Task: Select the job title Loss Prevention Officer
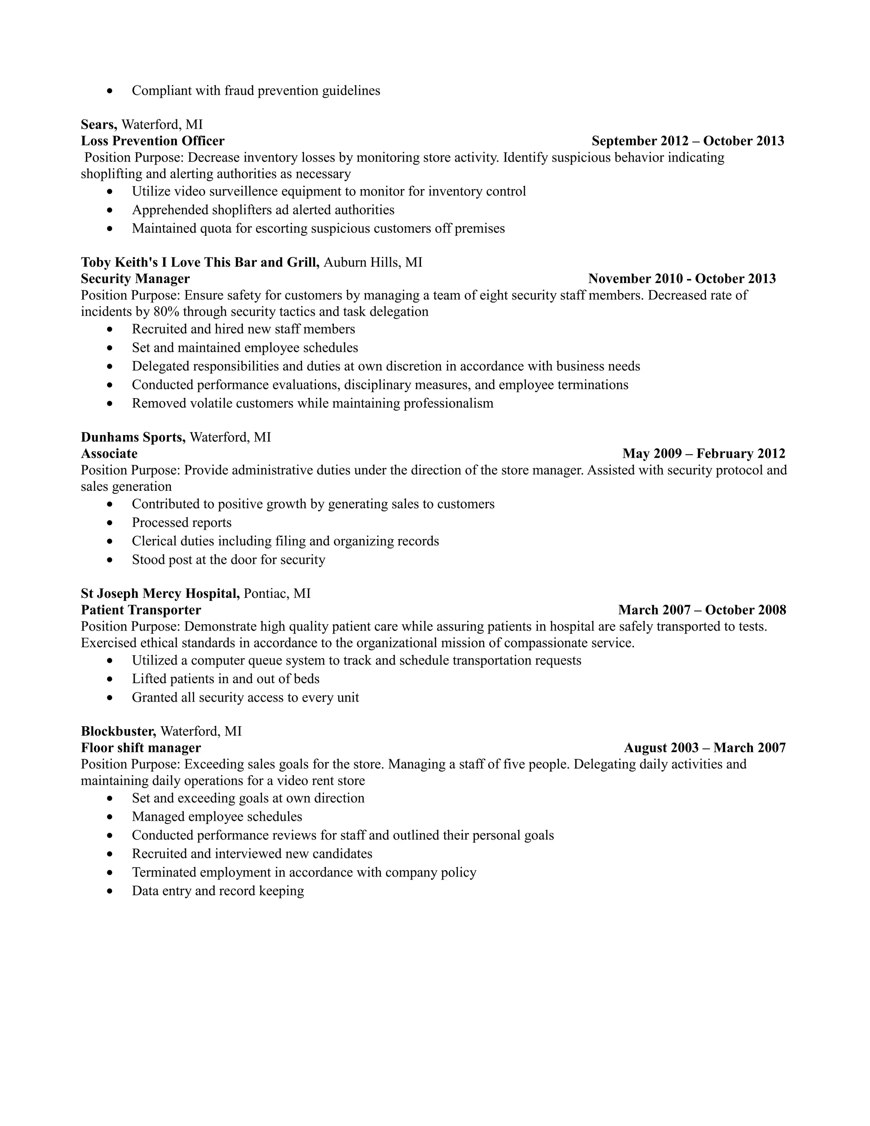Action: point(153,141)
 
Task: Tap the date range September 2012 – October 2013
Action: point(688,141)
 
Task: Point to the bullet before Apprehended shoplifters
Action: point(110,210)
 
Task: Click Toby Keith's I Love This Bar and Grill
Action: point(200,263)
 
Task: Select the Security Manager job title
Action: point(135,279)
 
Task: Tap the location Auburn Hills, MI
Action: point(373,263)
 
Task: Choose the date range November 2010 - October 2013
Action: point(681,279)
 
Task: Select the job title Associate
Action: point(109,454)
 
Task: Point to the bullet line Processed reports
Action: point(181,523)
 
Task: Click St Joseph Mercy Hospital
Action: point(160,594)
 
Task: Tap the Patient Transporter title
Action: point(141,611)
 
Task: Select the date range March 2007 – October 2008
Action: point(702,611)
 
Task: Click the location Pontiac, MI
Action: point(277,594)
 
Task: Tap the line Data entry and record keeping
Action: point(217,891)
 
